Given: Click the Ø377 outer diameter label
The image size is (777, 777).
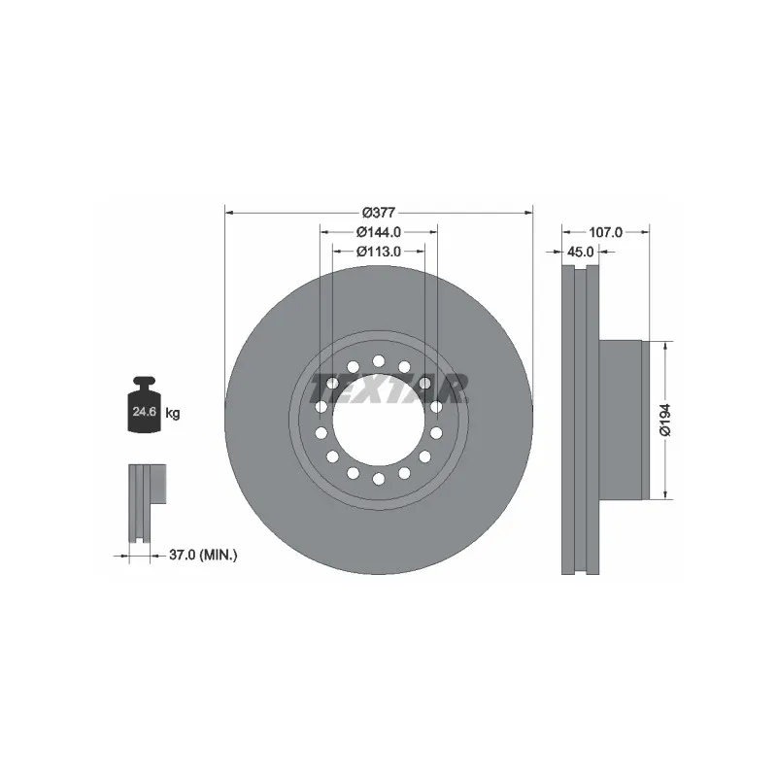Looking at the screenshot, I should (378, 212).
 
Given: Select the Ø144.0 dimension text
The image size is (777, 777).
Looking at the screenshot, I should (378, 231).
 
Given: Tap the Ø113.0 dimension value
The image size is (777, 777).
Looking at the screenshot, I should (378, 251).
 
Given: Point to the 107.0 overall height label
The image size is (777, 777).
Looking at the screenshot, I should (605, 232).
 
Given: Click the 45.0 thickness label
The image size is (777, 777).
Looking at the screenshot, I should (581, 252).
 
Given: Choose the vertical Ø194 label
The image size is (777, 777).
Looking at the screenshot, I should (664, 419).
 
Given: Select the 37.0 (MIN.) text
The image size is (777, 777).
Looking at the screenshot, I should (203, 555).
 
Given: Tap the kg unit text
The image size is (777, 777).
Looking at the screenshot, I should (173, 413).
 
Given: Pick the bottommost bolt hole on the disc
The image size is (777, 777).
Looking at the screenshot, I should (379, 479).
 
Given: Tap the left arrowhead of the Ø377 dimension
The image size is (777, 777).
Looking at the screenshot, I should (229, 212).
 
